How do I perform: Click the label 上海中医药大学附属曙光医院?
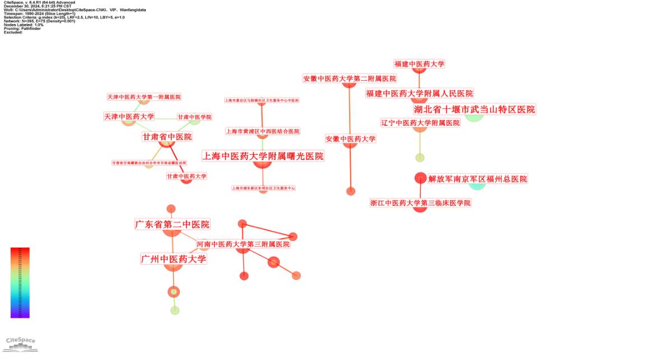[263, 156]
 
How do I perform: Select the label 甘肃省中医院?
[167, 137]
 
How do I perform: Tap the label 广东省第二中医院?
[172, 224]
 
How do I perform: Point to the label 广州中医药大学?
[173, 259]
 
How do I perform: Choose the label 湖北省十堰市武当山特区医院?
[474, 109]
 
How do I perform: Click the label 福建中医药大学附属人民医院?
[419, 93]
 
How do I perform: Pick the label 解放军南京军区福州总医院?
[477, 179]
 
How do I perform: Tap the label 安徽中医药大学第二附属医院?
[349, 79]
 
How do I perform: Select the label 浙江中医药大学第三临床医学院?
[420, 203]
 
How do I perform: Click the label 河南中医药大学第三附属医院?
[243, 244]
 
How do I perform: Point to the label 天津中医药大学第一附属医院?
[144, 97]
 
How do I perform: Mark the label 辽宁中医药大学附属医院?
[420, 123]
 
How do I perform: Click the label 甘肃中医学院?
[194, 117]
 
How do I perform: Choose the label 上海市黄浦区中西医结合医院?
[262, 131]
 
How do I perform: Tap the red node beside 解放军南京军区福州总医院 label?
[420, 178]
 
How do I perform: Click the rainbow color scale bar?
[20, 283]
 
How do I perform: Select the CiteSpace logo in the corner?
[20, 343]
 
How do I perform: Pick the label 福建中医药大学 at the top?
[419, 64]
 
